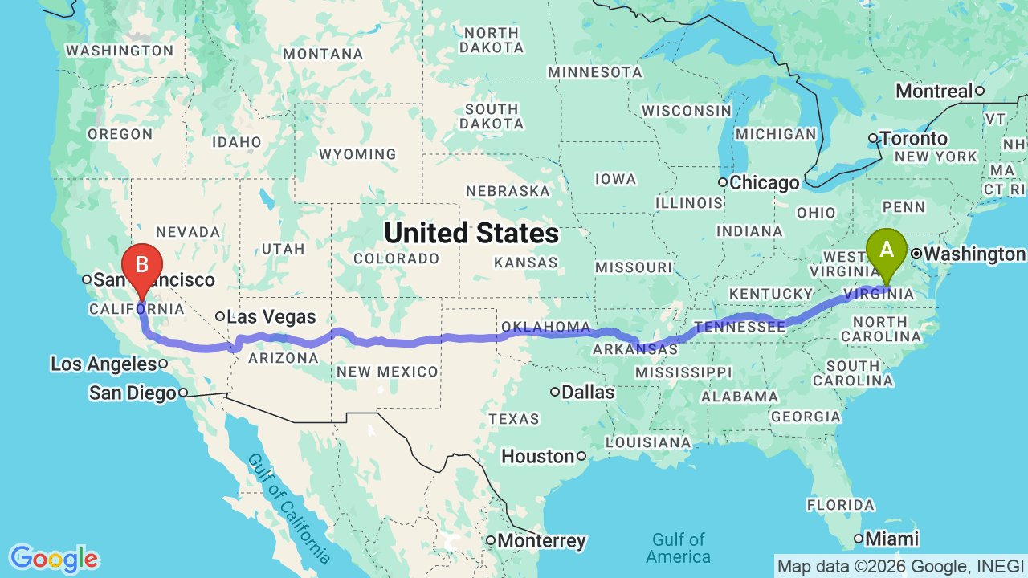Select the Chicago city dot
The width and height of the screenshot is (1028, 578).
[723, 183]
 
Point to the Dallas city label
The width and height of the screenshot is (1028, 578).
[589, 393]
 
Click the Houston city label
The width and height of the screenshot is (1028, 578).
[538, 457]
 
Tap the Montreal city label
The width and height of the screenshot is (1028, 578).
[933, 91]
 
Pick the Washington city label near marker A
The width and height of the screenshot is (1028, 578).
[973, 254]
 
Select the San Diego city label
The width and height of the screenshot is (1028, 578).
[132, 393]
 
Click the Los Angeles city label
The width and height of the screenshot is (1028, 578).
[103, 364]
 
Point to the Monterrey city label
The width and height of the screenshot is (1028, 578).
[541, 540]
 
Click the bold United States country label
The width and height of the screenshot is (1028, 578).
[471, 233]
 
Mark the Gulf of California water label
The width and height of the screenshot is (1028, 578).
[288, 507]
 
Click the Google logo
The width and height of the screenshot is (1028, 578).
[54, 559]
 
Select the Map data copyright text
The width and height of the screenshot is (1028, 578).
[900, 566]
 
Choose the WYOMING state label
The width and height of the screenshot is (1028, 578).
[357, 154]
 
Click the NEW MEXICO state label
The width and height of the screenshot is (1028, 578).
[387, 372]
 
